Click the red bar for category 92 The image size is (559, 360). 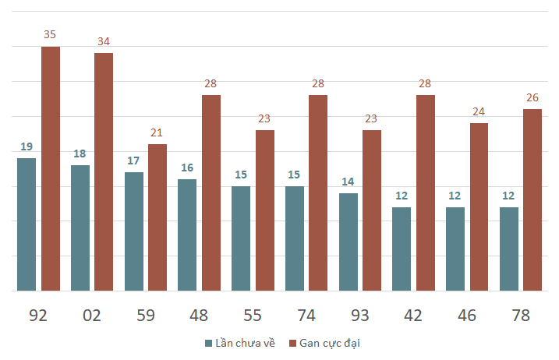pos(51,168)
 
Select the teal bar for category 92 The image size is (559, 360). pos(27,224)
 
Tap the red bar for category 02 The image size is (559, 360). pos(104,171)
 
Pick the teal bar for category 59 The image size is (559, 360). pos(134,231)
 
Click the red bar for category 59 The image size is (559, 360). pos(157,217)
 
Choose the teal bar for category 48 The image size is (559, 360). pos(187,235)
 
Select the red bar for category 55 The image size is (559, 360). pos(265,210)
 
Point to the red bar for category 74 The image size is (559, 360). pos(318,192)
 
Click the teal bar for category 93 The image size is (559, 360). pos(348,242)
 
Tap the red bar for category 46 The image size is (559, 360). pos(479,207)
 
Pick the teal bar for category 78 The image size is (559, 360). pos(509,249)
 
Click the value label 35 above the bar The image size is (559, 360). pos(50,34)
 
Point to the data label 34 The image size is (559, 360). pos(104,41)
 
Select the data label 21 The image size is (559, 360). pos(157,132)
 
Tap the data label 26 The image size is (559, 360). pos(532,97)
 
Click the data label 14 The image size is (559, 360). pos(348,182)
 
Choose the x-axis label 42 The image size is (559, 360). pos(413,316)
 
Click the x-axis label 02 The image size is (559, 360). pos(92,316)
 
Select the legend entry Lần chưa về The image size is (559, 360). pos(240,344)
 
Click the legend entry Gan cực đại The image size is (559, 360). pos(324,344)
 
